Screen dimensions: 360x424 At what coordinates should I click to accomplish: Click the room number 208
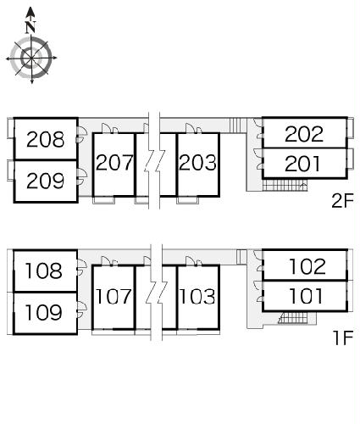(x=45, y=139)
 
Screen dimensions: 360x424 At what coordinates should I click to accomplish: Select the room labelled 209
(x=45, y=181)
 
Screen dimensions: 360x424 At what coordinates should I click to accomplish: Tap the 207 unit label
(x=114, y=163)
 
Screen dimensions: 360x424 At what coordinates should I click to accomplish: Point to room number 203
(x=197, y=163)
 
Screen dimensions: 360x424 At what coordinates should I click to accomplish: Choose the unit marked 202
(x=304, y=134)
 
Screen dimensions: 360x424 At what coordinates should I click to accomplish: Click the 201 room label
(x=302, y=164)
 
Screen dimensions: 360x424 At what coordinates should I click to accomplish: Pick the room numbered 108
(x=43, y=271)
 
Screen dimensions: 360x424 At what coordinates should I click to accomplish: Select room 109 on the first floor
(x=43, y=312)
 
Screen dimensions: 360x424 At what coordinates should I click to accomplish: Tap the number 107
(x=114, y=296)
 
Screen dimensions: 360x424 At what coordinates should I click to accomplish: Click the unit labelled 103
(x=197, y=296)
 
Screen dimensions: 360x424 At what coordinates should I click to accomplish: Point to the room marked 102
(x=307, y=266)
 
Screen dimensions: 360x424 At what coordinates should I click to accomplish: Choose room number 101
(x=306, y=296)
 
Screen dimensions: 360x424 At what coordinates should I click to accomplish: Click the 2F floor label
(x=342, y=201)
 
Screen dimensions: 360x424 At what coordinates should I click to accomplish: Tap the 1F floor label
(x=343, y=338)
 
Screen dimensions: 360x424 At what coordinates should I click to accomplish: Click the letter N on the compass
(x=30, y=27)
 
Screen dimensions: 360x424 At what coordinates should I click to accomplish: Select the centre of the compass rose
(x=31, y=59)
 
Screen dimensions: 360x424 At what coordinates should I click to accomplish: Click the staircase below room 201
(x=285, y=186)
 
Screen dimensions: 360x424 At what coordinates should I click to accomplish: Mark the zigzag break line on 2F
(x=154, y=160)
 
